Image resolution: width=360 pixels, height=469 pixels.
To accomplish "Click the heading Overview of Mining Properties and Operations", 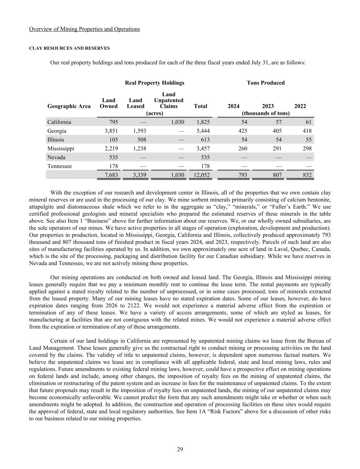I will [x=85, y=29].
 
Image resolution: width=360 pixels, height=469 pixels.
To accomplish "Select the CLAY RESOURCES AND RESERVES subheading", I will [x=69, y=48].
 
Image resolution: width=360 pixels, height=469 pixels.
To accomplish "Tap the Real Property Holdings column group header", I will [x=155, y=83].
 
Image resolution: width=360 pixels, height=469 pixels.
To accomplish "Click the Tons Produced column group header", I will [x=266, y=83].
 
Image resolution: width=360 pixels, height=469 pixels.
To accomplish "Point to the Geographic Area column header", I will [x=69, y=106].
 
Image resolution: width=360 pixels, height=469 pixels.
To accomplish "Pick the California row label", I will [x=59, y=122].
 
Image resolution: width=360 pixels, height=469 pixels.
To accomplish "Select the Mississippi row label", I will [x=61, y=148].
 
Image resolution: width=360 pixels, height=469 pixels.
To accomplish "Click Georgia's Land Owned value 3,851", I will [x=111, y=131].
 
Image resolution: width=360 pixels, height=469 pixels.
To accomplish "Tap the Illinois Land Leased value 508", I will [x=141, y=140].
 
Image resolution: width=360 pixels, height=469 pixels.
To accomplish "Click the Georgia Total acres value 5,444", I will [x=202, y=131].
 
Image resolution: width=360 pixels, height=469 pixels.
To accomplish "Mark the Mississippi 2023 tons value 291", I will [x=277, y=148].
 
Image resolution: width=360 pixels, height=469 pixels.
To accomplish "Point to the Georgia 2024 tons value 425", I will [x=242, y=131].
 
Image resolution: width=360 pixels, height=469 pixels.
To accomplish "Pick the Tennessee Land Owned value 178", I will [x=113, y=166].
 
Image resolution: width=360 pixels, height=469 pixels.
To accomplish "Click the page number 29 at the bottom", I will [x=180, y=449].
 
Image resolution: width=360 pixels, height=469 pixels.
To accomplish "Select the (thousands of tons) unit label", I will [x=266, y=113].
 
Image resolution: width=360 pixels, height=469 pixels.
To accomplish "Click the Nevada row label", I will [x=56, y=157].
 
